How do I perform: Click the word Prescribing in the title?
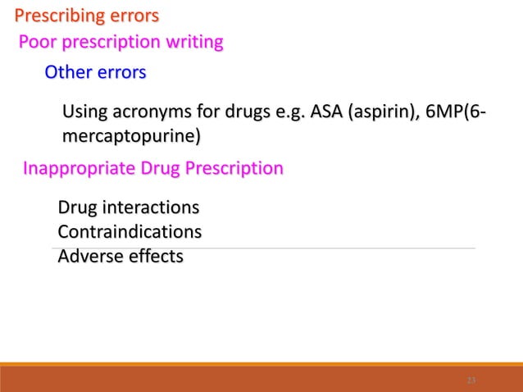point(57,16)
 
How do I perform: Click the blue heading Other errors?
point(95,73)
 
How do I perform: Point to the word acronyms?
point(147,112)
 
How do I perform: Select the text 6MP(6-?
point(453,112)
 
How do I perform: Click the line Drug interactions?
point(129,206)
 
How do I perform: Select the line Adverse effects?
point(121,257)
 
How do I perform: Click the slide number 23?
point(471,381)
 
